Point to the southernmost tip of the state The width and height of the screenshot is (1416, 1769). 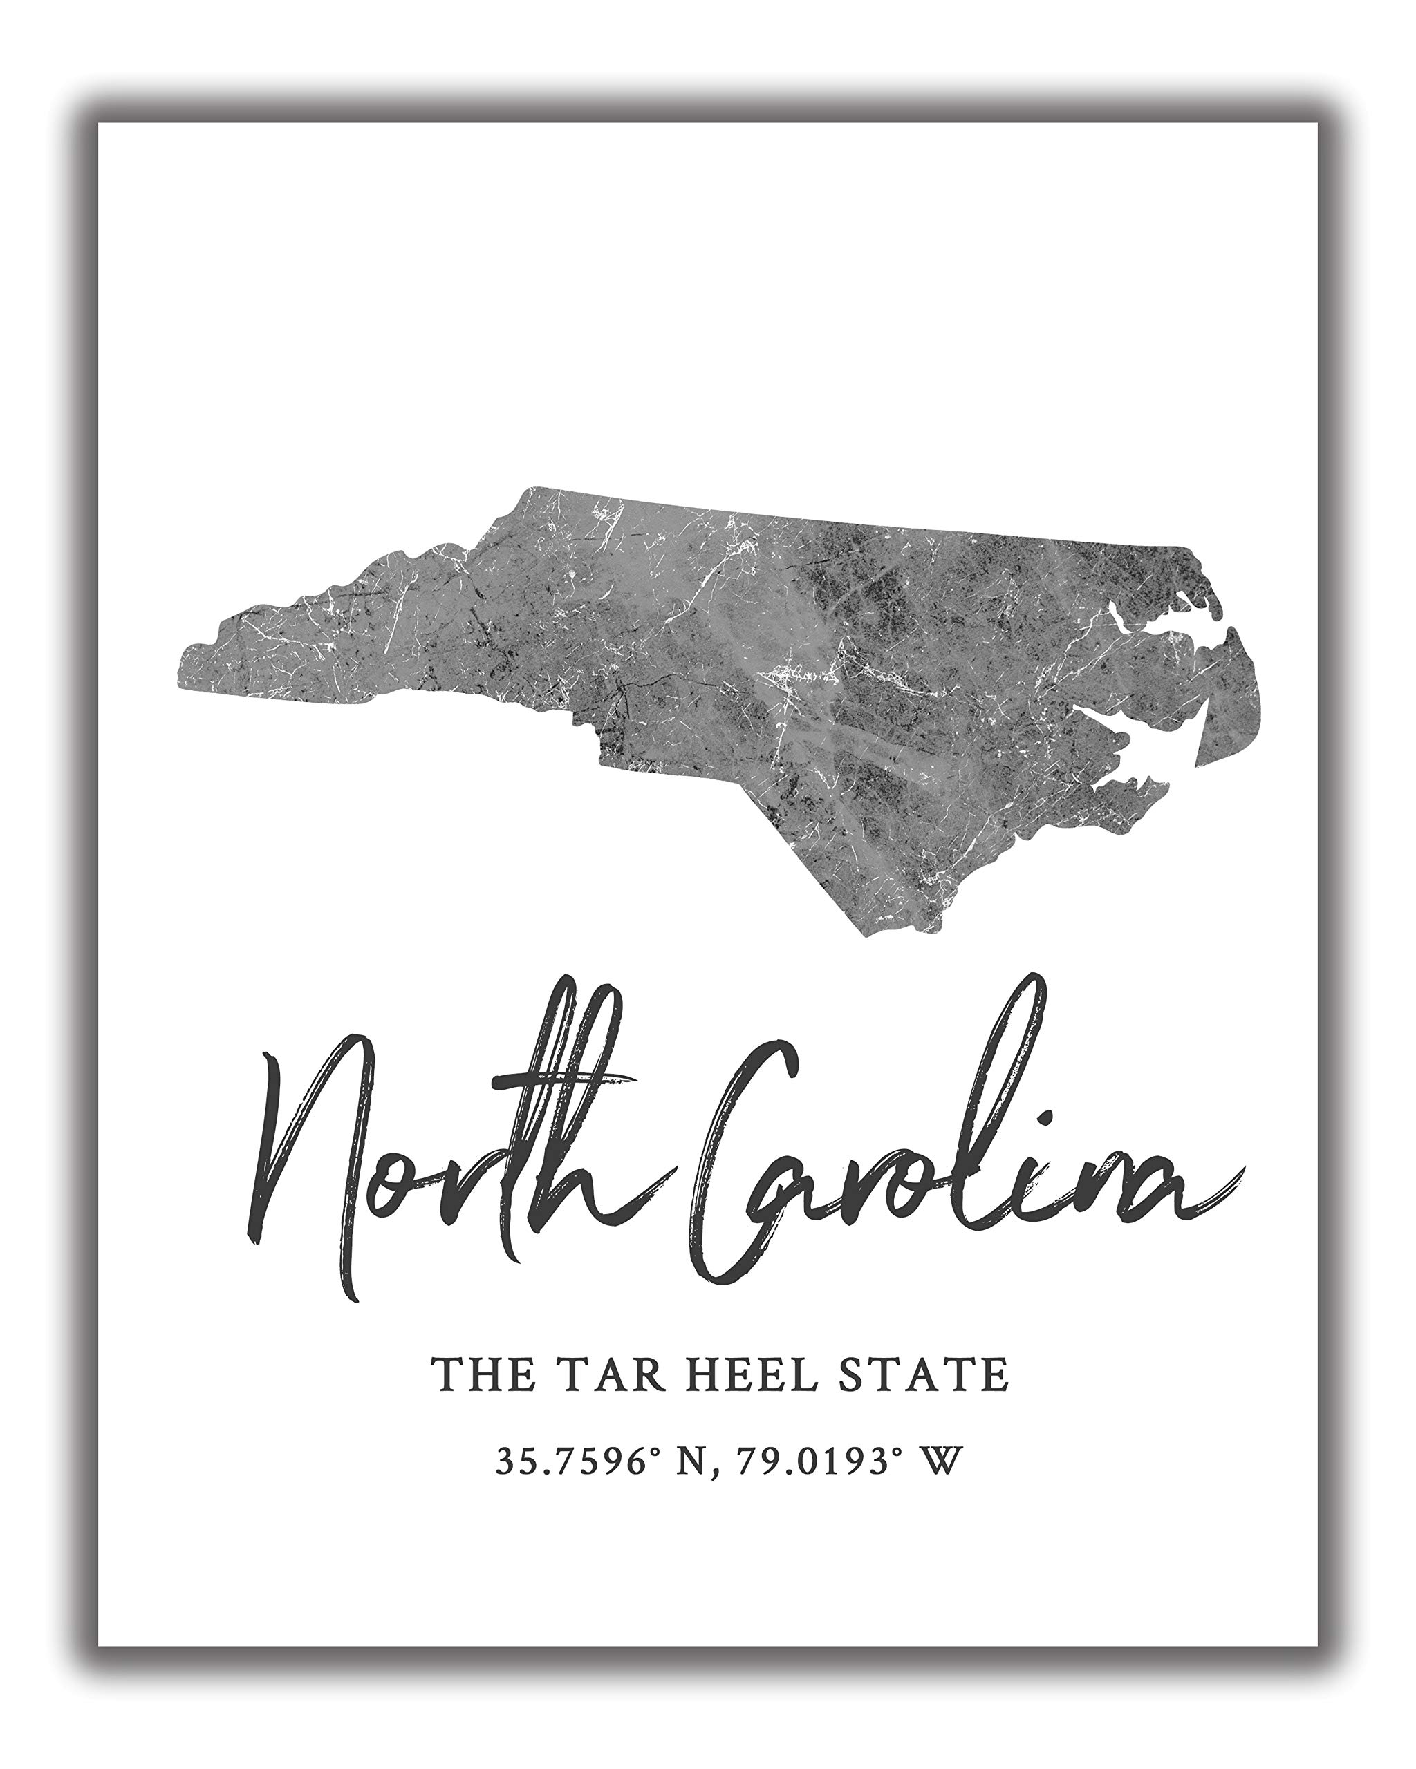click(x=870, y=931)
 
